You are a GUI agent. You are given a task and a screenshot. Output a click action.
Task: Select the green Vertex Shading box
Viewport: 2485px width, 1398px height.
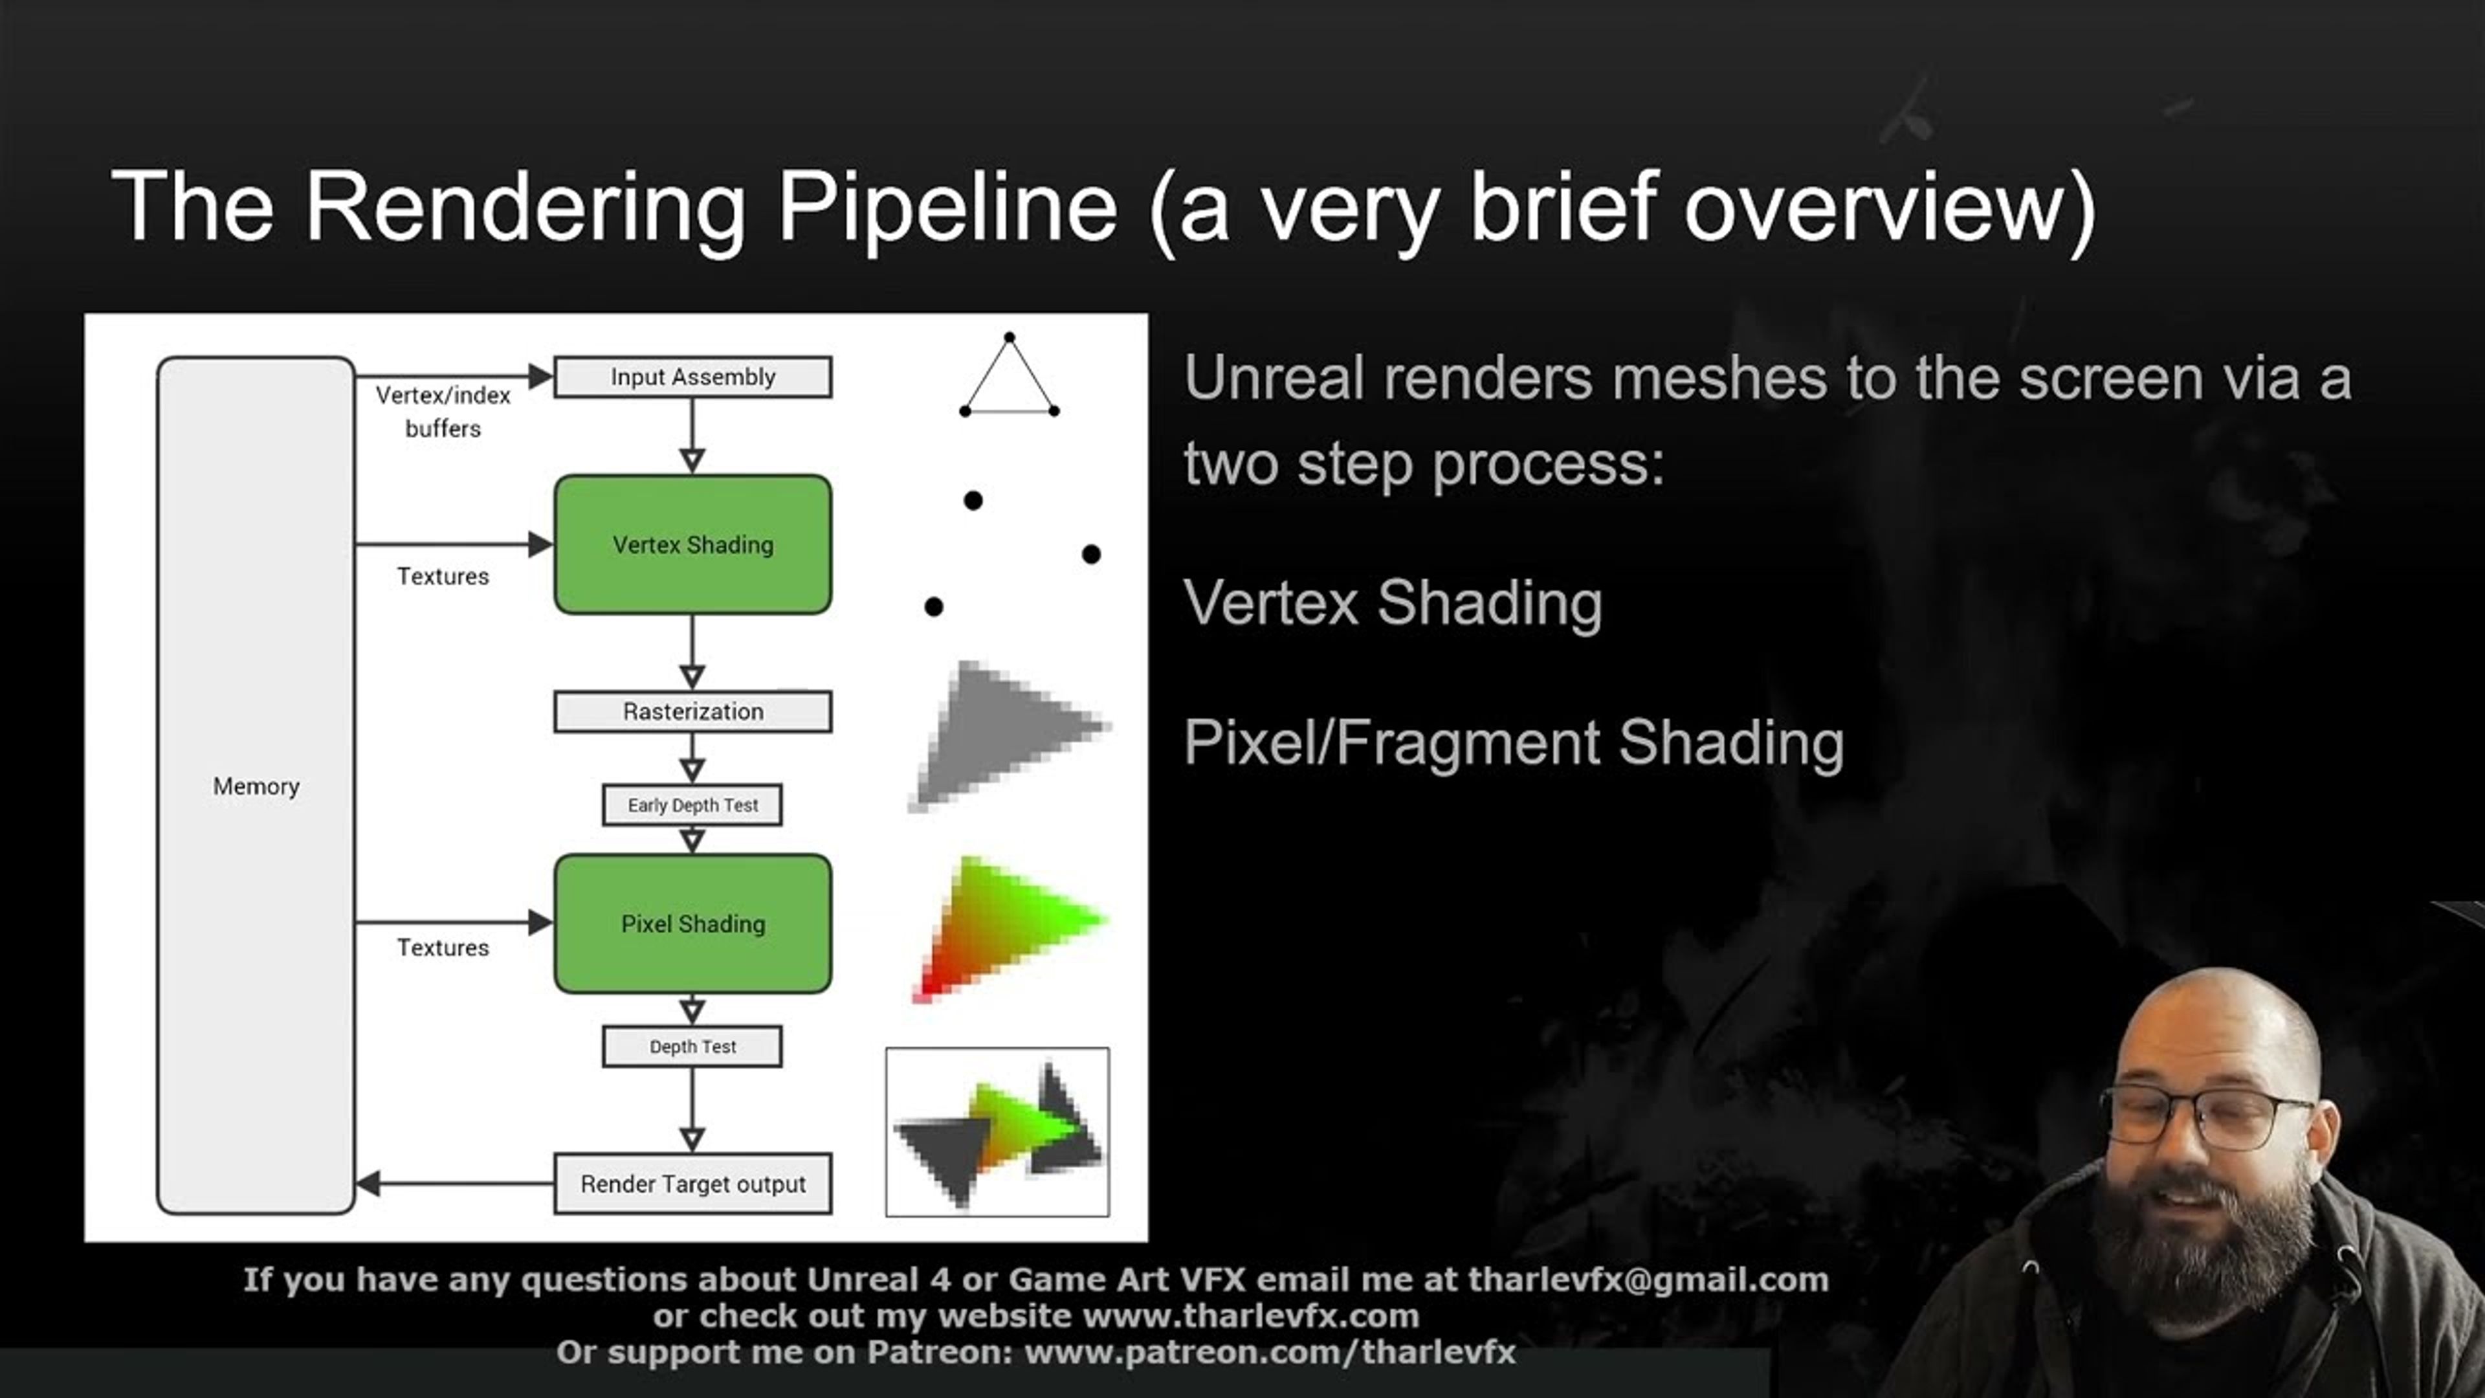tap(692, 544)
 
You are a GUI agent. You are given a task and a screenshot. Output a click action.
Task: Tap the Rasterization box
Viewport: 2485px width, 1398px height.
tap(692, 711)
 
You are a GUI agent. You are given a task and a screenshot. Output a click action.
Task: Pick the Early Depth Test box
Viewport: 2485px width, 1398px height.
tap(692, 804)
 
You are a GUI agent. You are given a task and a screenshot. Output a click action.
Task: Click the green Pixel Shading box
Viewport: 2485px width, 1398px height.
tap(692, 924)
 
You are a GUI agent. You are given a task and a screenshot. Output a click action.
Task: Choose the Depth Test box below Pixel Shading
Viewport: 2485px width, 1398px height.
tap(692, 1047)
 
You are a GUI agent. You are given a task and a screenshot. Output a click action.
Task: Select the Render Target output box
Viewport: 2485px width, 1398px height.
tap(692, 1183)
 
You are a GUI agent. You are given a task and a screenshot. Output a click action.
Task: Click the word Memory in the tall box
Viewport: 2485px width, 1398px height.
tap(256, 786)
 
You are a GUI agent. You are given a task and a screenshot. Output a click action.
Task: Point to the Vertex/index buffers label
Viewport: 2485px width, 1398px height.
tap(443, 411)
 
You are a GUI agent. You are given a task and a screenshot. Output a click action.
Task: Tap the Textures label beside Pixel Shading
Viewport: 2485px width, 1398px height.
tap(443, 948)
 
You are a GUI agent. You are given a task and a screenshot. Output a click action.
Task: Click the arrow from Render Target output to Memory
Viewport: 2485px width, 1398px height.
tap(454, 1183)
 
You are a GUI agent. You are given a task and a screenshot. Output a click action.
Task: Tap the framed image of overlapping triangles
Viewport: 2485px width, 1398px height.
tap(997, 1132)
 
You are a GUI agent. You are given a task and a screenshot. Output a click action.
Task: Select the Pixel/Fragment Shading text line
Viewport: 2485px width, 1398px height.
tap(1512, 743)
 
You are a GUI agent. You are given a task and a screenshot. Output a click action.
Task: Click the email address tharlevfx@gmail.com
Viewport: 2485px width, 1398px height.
tap(1648, 1280)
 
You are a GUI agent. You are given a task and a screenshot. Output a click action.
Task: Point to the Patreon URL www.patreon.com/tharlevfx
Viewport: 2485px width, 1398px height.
tap(1270, 1351)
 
